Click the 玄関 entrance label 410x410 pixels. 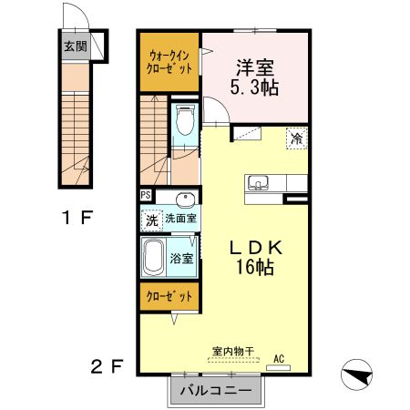(75, 46)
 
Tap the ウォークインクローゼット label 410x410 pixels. (169, 63)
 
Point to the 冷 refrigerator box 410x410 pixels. (297, 138)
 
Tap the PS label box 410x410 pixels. (146, 195)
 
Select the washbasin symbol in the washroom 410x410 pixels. (187, 200)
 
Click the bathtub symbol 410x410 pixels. (154, 257)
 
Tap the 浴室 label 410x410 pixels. (181, 258)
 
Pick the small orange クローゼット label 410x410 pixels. (170, 297)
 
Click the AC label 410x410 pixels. (280, 359)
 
